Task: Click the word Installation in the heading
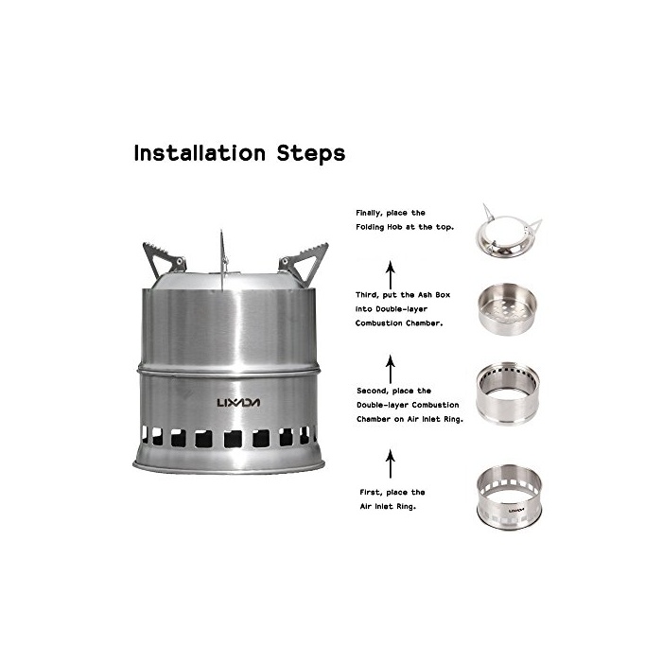(200, 153)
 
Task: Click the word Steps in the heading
(311, 154)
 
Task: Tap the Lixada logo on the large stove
(238, 402)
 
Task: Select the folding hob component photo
(509, 232)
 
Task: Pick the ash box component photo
(507, 309)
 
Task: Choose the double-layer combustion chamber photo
(508, 393)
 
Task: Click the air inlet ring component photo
(509, 496)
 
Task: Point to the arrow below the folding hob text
(391, 275)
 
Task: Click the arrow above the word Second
(391, 369)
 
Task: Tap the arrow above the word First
(391, 463)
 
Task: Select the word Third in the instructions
(366, 295)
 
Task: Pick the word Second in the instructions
(371, 391)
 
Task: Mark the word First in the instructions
(370, 493)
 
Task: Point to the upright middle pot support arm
(222, 260)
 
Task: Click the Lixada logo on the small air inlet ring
(516, 511)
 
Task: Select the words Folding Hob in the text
(379, 227)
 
